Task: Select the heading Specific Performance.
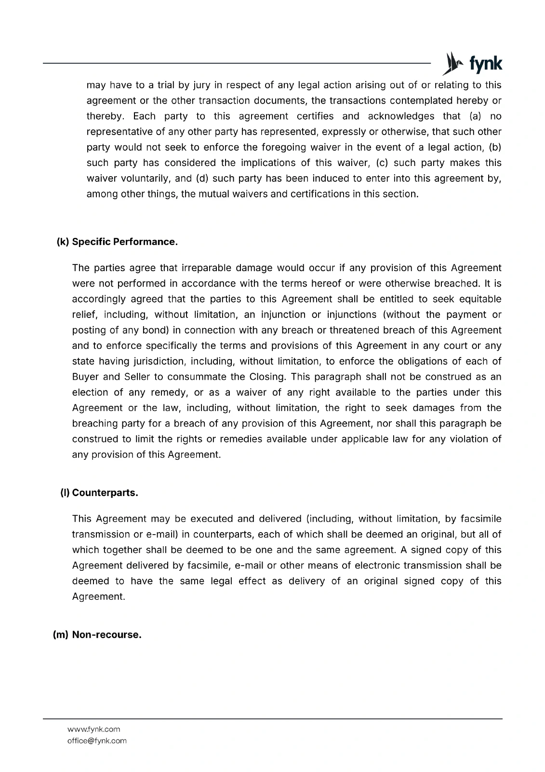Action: [x=125, y=242]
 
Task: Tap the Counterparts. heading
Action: [x=105, y=493]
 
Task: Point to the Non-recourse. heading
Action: [x=106, y=634]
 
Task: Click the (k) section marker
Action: [x=63, y=242]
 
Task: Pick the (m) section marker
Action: [x=60, y=634]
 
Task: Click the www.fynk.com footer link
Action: [x=93, y=729]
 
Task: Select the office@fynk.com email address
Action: [x=97, y=741]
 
